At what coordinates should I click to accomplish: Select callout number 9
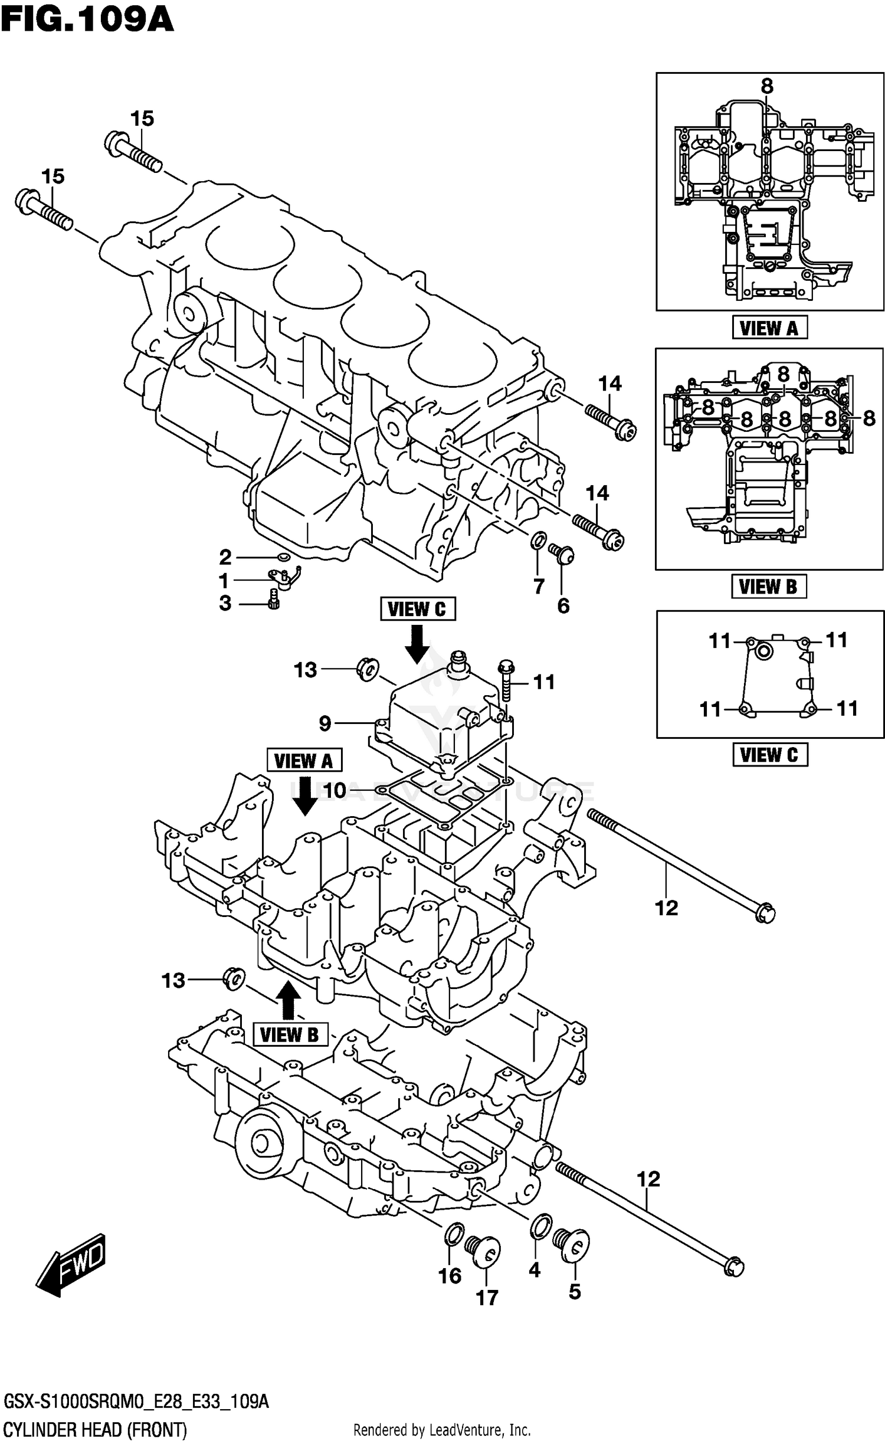point(324,723)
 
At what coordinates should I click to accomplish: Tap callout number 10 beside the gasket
point(335,791)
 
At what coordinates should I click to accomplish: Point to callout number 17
point(487,1298)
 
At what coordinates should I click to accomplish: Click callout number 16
point(450,1276)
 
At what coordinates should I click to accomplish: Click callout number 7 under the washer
point(539,586)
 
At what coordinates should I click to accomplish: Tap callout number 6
point(563,605)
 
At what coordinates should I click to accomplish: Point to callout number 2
point(225,557)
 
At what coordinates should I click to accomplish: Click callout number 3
point(225,604)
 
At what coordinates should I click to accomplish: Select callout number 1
point(224,581)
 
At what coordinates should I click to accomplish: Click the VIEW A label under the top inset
point(769,328)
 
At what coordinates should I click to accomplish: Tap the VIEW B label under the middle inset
point(768,587)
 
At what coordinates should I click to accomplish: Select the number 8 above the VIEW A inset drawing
point(766,87)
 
